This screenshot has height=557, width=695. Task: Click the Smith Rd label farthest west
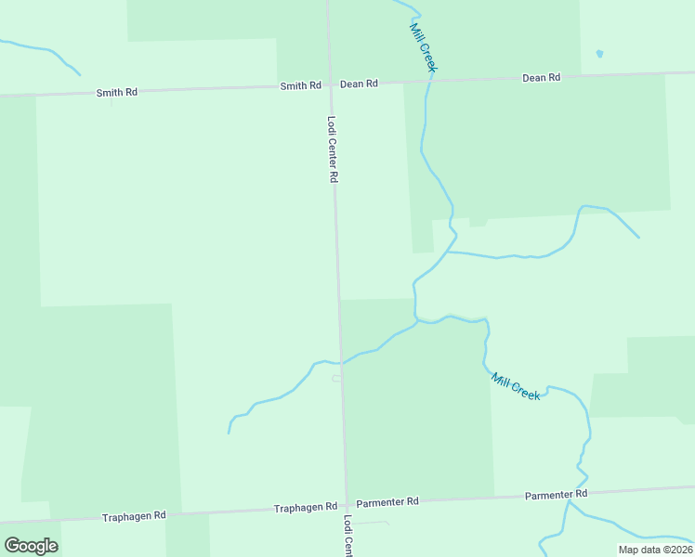point(117,93)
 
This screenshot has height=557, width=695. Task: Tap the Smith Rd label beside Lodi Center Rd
point(301,86)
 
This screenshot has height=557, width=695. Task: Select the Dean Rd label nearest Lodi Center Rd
point(359,84)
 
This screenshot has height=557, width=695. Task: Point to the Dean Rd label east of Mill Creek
point(541,78)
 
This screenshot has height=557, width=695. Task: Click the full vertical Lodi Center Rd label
point(332,149)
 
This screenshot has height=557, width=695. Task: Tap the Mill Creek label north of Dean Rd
point(423,48)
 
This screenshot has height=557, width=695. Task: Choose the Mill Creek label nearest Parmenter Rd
point(516,386)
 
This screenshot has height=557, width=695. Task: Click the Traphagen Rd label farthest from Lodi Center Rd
point(134,515)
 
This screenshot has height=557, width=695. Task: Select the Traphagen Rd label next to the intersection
point(305,508)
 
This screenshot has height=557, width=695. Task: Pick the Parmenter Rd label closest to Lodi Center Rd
point(387,501)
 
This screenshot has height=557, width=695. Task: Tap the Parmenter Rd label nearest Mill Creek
point(556,494)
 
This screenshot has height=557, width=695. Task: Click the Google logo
point(32,546)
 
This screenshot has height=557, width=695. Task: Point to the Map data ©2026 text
point(655,550)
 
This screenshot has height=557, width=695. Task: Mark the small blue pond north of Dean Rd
point(599,53)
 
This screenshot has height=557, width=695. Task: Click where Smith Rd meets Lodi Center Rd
point(330,84)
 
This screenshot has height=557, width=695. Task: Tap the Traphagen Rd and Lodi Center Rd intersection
point(347,505)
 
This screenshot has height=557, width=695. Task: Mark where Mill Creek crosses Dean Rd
point(429,81)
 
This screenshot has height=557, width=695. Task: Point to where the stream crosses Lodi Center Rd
point(341,362)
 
